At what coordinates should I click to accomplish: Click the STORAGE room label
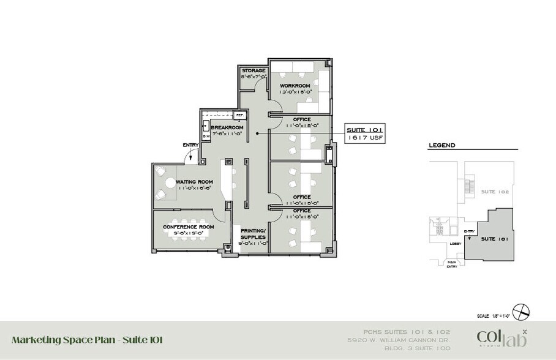click(x=254, y=71)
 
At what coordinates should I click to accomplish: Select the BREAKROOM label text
click(x=227, y=127)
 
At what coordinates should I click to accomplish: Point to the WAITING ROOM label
click(x=194, y=182)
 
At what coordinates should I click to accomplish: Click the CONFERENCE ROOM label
click(x=189, y=227)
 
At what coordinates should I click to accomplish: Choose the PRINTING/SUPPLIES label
click(x=252, y=233)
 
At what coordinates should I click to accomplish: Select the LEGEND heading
click(x=441, y=146)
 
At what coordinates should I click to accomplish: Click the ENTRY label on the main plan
click(x=190, y=145)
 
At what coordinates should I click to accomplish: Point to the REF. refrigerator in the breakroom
click(x=239, y=114)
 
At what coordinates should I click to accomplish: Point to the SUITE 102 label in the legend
click(x=492, y=191)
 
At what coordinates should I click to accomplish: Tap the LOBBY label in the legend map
click(x=456, y=244)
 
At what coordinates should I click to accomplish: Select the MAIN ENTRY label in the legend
click(x=453, y=264)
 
